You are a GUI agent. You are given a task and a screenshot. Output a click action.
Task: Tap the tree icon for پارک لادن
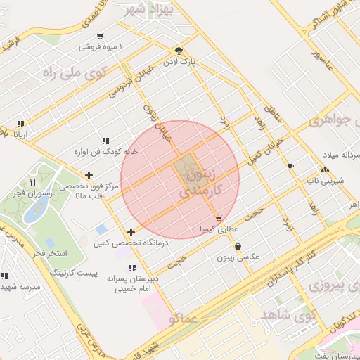coord(179,51)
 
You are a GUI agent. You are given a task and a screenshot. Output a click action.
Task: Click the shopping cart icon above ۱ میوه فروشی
coord(101,37)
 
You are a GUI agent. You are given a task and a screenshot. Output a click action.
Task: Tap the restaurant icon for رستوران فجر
coord(33,183)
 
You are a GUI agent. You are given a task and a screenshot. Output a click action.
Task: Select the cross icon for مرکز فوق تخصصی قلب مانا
coord(89,176)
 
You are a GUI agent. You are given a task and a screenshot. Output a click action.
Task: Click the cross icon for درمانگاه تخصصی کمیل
coord(131,232)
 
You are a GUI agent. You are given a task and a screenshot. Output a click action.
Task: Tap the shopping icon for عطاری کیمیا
coord(219,219)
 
